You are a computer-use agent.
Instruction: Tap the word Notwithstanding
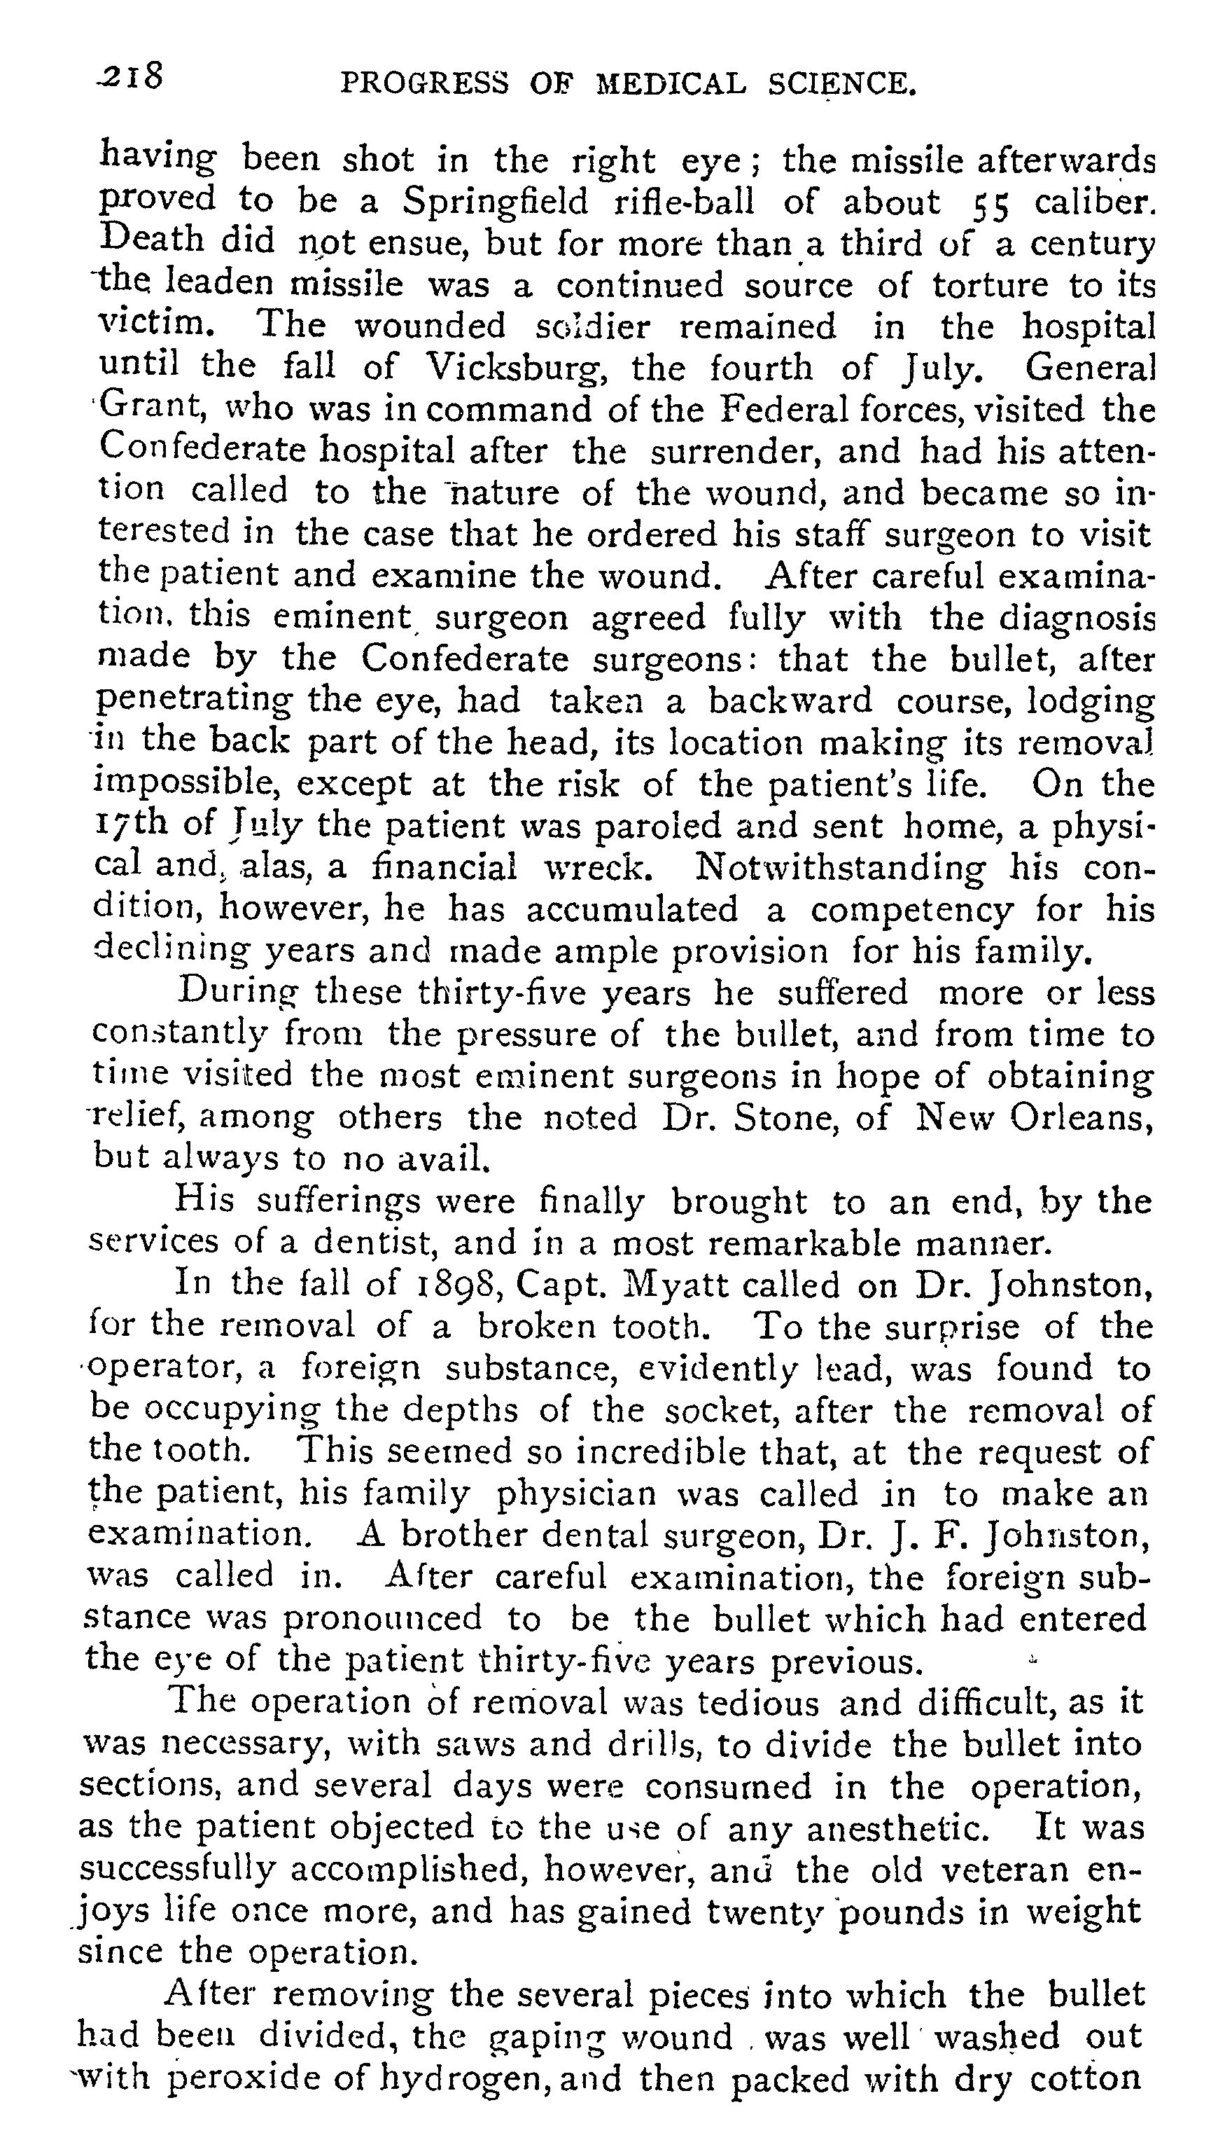840,867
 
